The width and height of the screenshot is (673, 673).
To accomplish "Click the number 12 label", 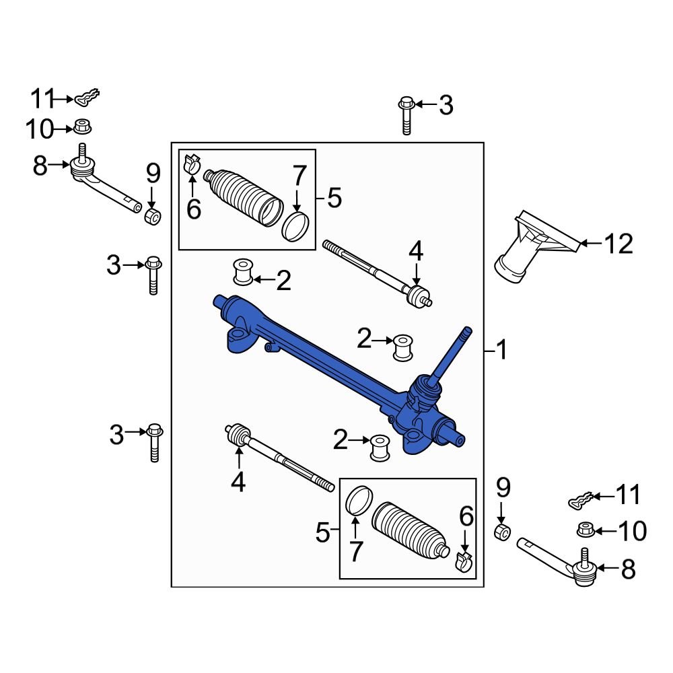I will [x=617, y=244].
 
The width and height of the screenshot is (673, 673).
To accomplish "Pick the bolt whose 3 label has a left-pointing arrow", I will [x=406, y=114].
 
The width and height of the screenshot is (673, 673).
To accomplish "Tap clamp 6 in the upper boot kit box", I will [x=191, y=164].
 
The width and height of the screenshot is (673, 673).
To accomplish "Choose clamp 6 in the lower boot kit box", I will [x=463, y=561].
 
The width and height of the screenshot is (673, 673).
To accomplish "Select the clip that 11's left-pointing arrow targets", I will [x=579, y=499].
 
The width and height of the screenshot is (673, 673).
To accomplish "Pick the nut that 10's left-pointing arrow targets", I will [x=585, y=530].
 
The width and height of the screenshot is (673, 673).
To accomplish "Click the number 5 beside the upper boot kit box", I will [x=334, y=198].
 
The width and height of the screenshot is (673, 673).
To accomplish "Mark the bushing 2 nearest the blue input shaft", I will [x=403, y=347].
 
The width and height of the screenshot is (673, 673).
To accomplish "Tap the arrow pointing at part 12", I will [x=589, y=243].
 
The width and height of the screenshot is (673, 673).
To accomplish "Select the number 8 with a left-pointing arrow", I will [x=628, y=570].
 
